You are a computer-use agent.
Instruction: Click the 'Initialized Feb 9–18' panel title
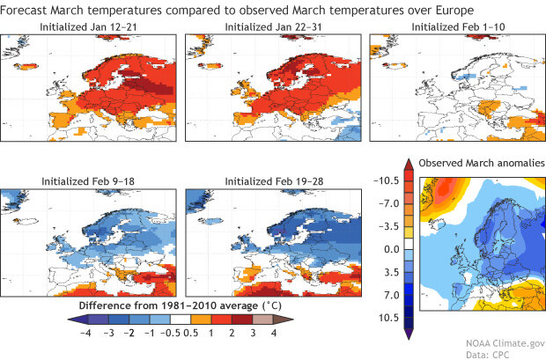tap(88, 180)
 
